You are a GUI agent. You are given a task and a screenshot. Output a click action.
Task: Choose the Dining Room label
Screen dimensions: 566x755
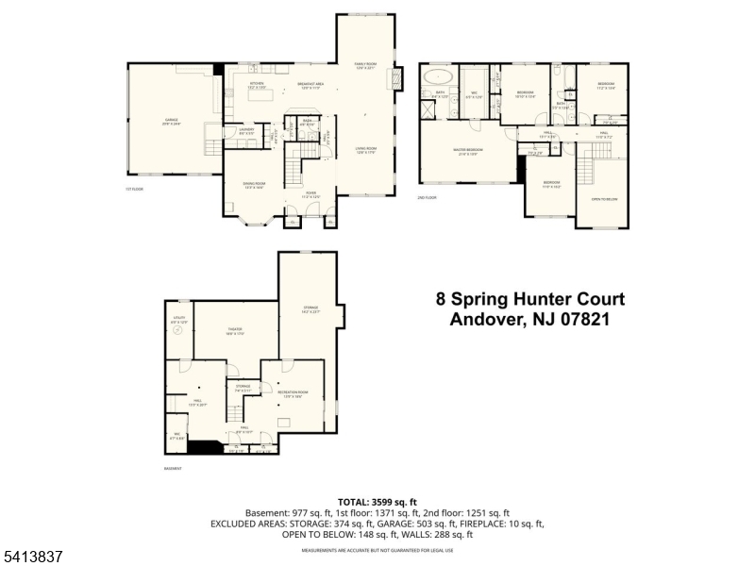click(x=254, y=184)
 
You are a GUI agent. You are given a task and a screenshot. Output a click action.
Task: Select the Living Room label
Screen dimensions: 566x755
click(x=365, y=149)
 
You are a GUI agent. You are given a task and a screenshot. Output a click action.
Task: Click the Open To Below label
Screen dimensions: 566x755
click(x=604, y=199)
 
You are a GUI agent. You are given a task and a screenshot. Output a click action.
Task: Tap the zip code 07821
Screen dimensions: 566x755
click(x=581, y=320)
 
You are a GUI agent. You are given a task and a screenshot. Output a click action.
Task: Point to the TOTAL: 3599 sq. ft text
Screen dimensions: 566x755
click(x=377, y=502)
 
